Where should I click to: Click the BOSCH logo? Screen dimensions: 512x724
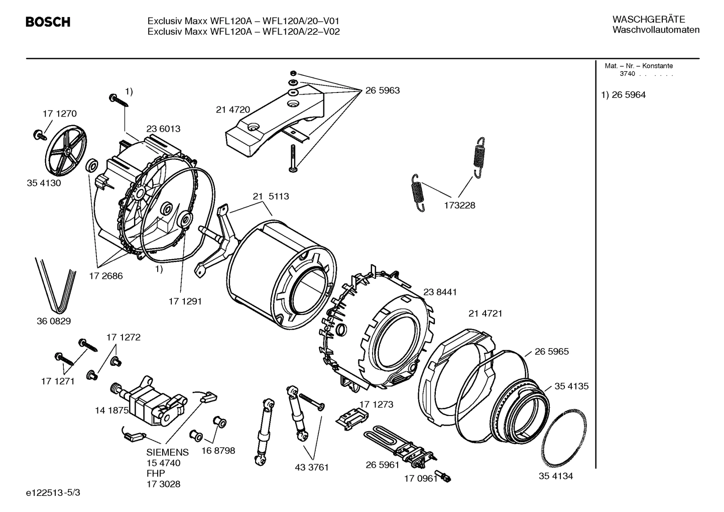[x=48, y=22]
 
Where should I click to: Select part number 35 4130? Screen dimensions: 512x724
[x=44, y=183]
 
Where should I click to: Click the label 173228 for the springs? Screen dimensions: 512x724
[x=459, y=205]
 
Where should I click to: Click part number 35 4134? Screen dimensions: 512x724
[x=556, y=476]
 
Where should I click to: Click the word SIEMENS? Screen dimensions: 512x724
[x=168, y=452]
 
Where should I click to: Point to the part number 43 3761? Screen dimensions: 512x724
[x=311, y=467]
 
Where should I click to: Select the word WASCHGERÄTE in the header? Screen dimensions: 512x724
[x=648, y=19]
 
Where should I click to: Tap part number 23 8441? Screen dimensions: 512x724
[x=440, y=292]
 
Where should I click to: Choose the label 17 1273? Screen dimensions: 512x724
[x=376, y=404]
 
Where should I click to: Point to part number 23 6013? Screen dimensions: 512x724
[x=163, y=129]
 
